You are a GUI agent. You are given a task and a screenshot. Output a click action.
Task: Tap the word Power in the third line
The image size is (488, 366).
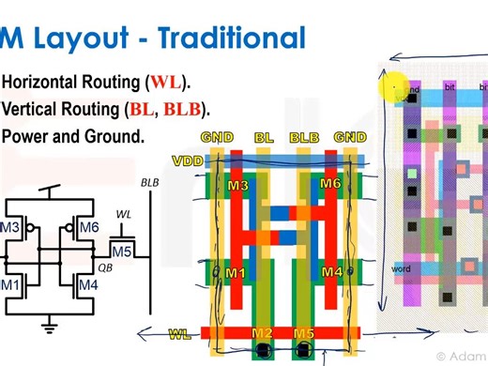[27, 136]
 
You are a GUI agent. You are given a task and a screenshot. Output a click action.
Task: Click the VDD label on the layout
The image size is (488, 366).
[190, 160]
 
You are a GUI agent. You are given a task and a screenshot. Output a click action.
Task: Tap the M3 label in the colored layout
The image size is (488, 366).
[237, 186]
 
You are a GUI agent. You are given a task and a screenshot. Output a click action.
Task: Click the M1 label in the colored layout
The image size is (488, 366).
[236, 273]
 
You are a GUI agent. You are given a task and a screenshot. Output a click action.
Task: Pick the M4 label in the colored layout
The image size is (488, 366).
[331, 273]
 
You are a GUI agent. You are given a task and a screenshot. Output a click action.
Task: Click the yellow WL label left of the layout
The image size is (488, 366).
[180, 334]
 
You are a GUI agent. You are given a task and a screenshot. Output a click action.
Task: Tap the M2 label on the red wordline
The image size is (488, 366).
[263, 334]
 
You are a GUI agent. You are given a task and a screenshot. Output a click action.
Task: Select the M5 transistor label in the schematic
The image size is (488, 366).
[121, 252]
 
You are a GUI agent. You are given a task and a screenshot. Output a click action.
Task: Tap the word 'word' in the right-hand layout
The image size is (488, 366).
[402, 269]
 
